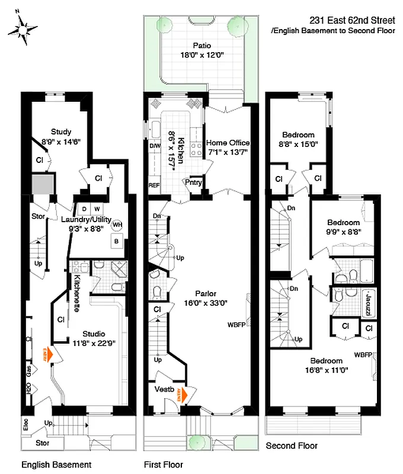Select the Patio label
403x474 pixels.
[x=201, y=46]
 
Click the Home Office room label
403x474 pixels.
[x=228, y=143]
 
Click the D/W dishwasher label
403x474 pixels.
[x=154, y=146]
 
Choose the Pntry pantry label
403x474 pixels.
[x=194, y=183]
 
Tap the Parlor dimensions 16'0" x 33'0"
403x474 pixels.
[x=204, y=303]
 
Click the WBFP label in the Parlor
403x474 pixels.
[x=236, y=325]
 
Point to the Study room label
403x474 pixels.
[x=61, y=132]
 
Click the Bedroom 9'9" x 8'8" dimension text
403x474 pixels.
[x=344, y=233]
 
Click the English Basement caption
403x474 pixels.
[x=56, y=465]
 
